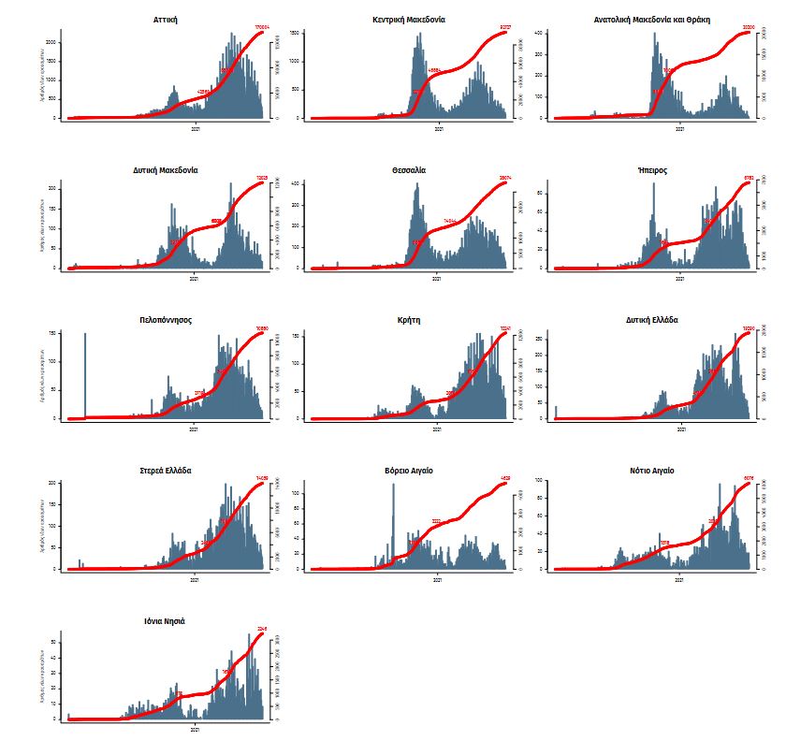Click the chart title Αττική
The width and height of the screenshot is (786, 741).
point(167,19)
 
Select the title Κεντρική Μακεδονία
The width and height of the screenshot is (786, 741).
point(408,19)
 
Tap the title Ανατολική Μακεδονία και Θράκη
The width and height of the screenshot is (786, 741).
point(651,19)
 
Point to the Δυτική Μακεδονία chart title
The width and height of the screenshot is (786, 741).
point(166,170)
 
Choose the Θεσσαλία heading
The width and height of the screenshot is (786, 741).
point(408,170)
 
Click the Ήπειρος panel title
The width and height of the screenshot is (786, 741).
point(651,170)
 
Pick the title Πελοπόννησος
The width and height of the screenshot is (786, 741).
point(166,320)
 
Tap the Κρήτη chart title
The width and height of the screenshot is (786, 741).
point(408,320)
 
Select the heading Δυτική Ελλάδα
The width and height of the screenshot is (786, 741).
point(651,320)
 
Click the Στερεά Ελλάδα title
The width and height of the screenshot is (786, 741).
point(166,471)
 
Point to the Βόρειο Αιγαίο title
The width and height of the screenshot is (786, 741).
point(408,471)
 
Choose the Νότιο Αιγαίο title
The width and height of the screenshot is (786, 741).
point(651,471)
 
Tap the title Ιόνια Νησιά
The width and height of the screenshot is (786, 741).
point(166,620)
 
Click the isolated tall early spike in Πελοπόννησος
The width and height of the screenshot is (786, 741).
point(85,374)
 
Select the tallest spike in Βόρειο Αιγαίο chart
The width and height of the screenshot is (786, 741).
point(394,524)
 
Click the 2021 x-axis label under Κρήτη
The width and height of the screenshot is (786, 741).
point(437,430)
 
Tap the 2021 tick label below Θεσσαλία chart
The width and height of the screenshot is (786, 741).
point(437,279)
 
